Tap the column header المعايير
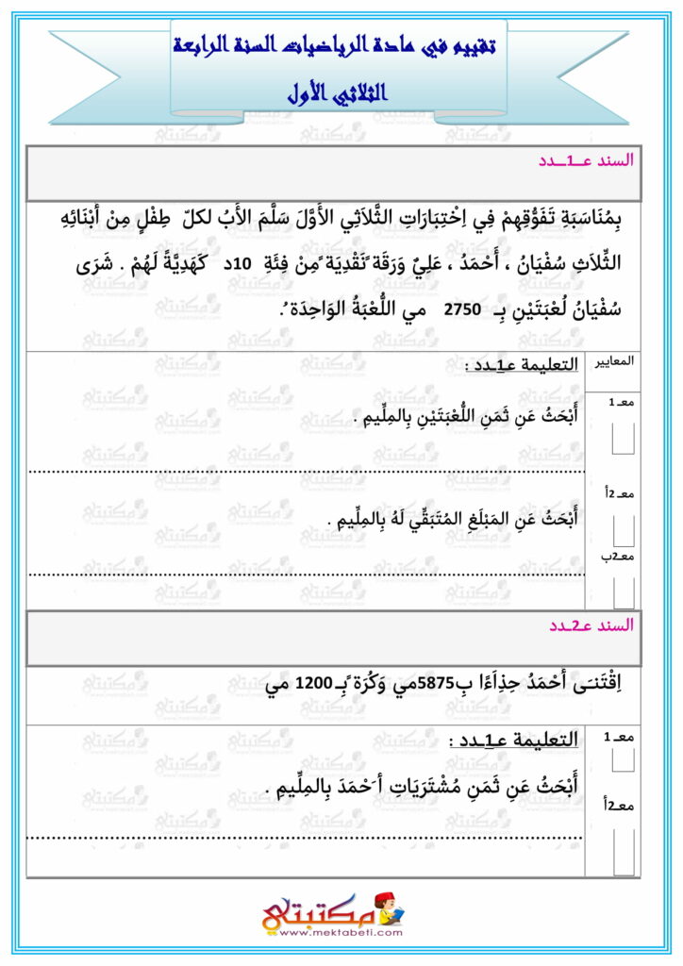click(x=613, y=361)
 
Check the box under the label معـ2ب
click(x=623, y=591)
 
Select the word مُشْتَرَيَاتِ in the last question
click(x=416, y=786)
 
